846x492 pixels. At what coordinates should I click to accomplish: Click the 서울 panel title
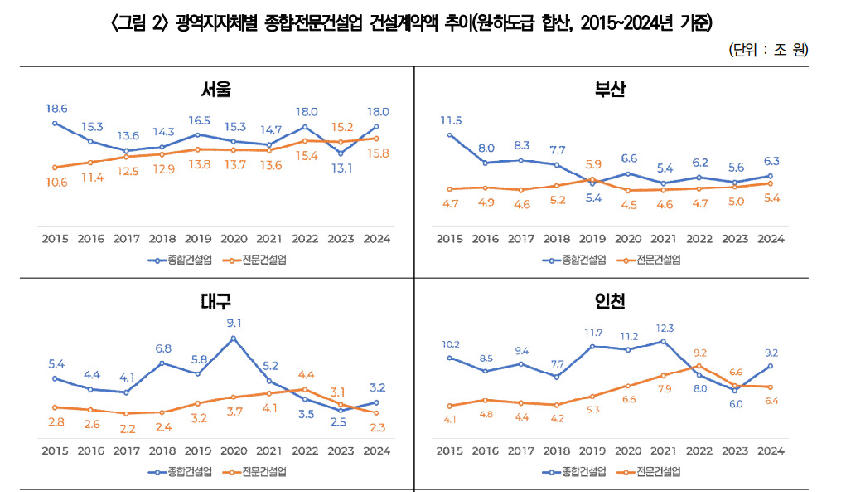click(215, 89)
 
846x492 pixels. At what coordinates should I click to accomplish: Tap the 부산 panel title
click(610, 89)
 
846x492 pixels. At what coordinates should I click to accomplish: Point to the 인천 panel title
click(610, 300)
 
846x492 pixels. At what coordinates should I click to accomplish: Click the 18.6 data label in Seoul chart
click(56, 108)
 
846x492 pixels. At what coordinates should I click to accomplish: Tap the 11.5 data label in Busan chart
click(450, 119)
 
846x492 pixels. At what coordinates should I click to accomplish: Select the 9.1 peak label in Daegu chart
click(234, 323)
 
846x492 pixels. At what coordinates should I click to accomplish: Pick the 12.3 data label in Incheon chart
click(664, 327)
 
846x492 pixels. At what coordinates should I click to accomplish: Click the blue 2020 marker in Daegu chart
click(234, 338)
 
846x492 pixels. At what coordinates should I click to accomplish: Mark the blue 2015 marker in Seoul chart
click(55, 123)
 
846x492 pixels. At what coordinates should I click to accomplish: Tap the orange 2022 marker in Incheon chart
click(699, 366)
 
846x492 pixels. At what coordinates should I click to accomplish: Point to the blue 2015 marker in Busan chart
click(449, 134)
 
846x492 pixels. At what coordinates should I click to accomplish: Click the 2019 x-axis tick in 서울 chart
click(197, 239)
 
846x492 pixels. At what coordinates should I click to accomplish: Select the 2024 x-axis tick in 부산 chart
click(771, 239)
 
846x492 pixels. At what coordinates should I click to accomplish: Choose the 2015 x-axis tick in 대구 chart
click(55, 451)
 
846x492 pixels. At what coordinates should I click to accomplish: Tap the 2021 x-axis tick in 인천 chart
click(664, 451)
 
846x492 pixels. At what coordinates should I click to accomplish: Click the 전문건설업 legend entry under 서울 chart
click(254, 260)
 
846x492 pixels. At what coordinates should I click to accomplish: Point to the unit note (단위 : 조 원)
click(769, 50)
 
